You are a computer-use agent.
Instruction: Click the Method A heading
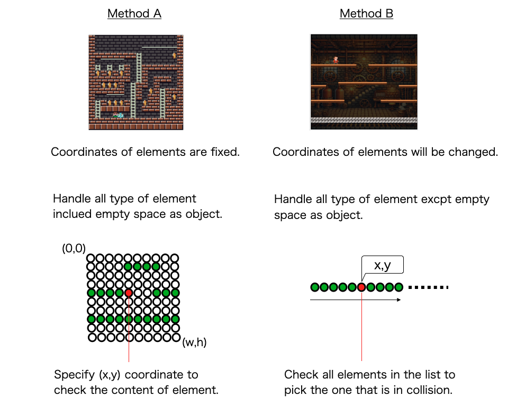134,14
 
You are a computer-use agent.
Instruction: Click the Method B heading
366,14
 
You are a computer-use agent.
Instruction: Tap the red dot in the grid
129,293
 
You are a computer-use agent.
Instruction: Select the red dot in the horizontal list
361,287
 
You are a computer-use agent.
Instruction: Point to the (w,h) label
194,342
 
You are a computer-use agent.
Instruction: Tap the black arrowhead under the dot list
399,300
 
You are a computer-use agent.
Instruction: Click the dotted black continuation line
428,287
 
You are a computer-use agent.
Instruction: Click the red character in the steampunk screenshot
336,60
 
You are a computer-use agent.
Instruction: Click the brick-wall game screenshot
136,82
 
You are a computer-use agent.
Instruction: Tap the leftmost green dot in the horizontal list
314,287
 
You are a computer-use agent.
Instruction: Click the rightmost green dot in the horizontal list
399,287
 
